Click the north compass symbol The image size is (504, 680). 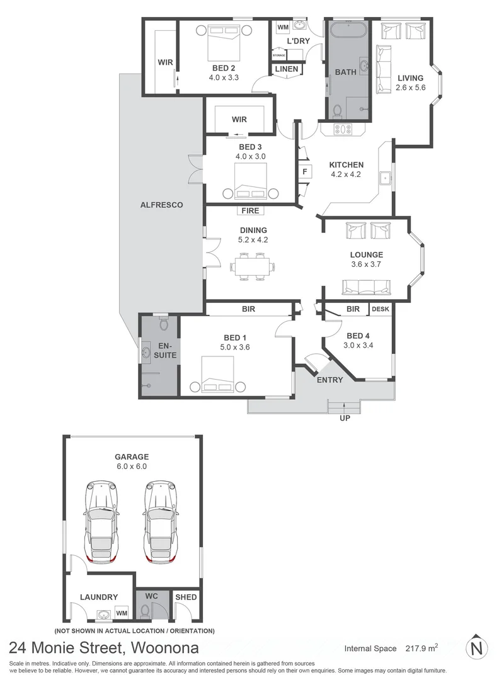click(x=478, y=647)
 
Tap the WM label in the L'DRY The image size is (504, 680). click(x=283, y=27)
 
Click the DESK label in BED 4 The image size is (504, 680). click(x=380, y=309)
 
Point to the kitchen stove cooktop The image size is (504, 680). click(x=344, y=130)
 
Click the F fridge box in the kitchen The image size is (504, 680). click(x=305, y=171)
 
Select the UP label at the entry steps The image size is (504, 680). click(x=345, y=417)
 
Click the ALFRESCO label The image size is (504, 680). click(x=161, y=205)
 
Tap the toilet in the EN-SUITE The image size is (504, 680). click(x=164, y=324)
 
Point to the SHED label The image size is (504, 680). click(x=186, y=597)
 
